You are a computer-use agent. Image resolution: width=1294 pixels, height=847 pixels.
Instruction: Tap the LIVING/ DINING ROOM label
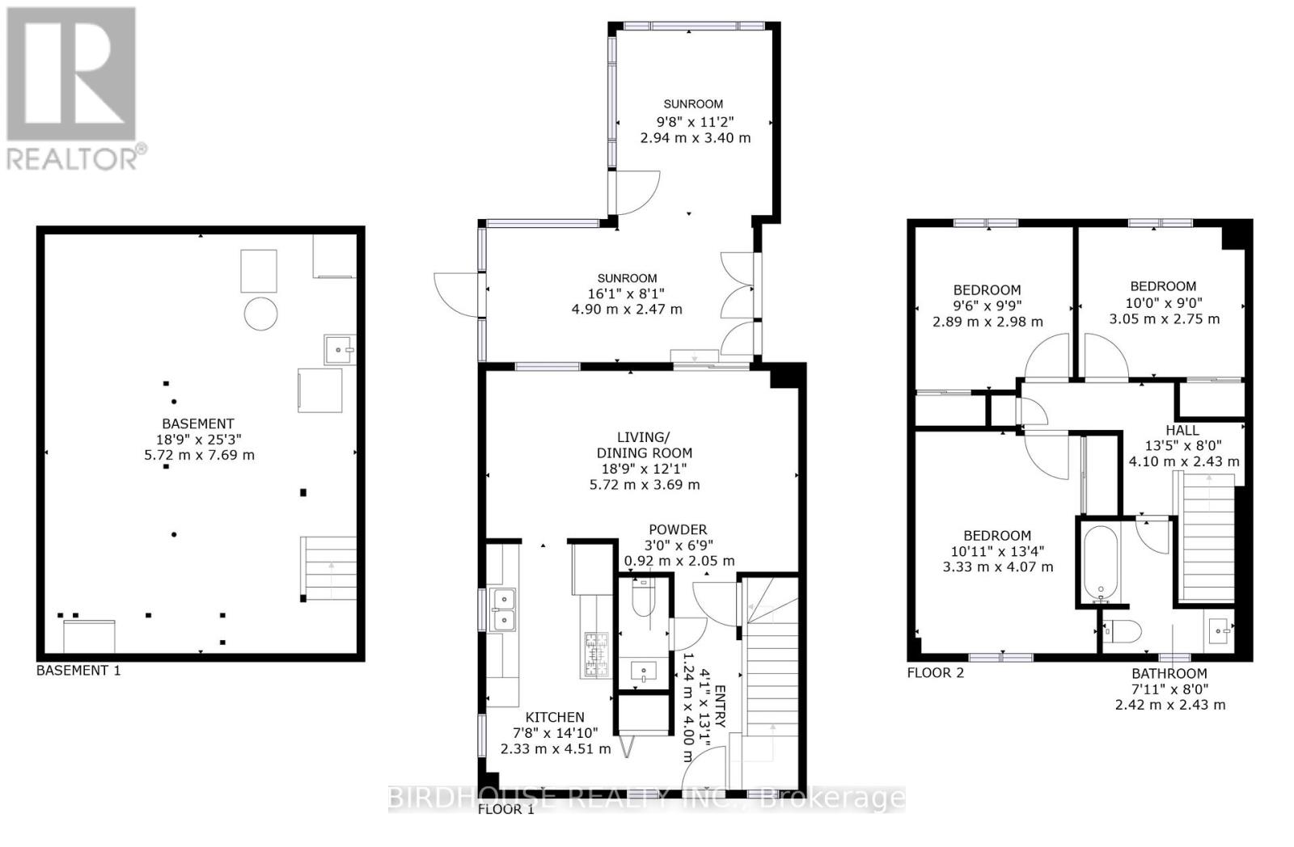(644, 445)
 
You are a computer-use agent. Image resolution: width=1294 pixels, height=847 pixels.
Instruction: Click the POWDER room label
(678, 529)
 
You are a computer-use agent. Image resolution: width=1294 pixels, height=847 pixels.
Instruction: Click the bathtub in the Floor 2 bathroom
(1100, 563)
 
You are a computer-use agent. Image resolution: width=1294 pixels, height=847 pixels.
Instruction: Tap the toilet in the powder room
(645, 599)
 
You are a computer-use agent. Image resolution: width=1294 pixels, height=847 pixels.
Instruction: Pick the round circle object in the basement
(260, 313)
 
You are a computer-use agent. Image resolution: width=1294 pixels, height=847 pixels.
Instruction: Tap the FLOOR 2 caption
(935, 672)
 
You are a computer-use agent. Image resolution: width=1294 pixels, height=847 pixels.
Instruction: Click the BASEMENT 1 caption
(78, 670)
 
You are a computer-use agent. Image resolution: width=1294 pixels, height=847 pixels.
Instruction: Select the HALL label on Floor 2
(1182, 430)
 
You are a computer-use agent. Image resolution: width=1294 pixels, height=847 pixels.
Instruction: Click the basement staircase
(329, 569)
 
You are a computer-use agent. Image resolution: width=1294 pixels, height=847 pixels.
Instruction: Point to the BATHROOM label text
(1169, 673)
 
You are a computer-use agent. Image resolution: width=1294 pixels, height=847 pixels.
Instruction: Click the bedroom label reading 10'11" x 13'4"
(997, 551)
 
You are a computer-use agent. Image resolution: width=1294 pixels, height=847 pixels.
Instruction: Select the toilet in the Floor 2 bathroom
(1123, 630)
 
